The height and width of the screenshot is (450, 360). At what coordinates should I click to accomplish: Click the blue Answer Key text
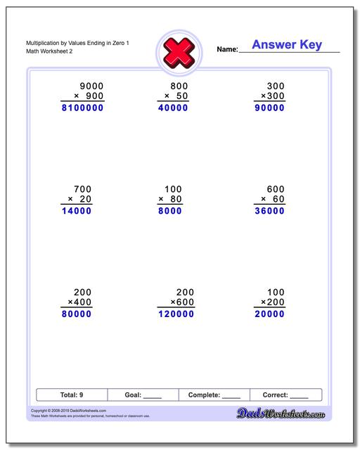click(x=287, y=45)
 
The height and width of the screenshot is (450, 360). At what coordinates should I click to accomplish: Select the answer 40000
click(x=172, y=108)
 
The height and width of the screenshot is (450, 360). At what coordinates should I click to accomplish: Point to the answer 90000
click(x=269, y=108)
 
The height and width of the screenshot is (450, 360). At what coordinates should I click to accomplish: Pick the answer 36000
click(x=269, y=211)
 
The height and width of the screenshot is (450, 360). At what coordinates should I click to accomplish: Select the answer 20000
click(x=269, y=314)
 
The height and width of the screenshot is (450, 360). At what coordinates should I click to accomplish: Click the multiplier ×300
click(x=272, y=96)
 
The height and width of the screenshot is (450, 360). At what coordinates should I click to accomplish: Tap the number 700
click(x=83, y=188)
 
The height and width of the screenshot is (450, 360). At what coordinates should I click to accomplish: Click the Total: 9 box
click(x=71, y=395)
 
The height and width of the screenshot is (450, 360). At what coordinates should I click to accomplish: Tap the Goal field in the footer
click(x=143, y=395)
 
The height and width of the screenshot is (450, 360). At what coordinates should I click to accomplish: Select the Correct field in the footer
click(x=285, y=395)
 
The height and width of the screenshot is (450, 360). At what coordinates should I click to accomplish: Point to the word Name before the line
click(x=227, y=49)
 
